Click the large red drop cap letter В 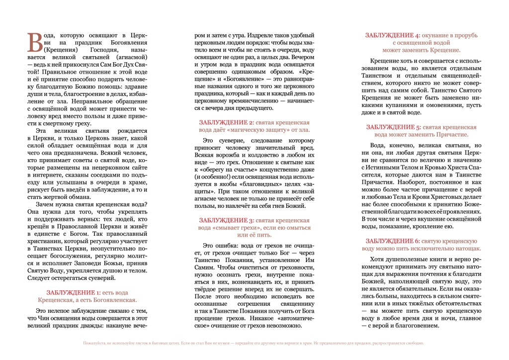pos(35,42)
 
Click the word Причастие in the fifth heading pos(452,135)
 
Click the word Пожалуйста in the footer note pos(94,343)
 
